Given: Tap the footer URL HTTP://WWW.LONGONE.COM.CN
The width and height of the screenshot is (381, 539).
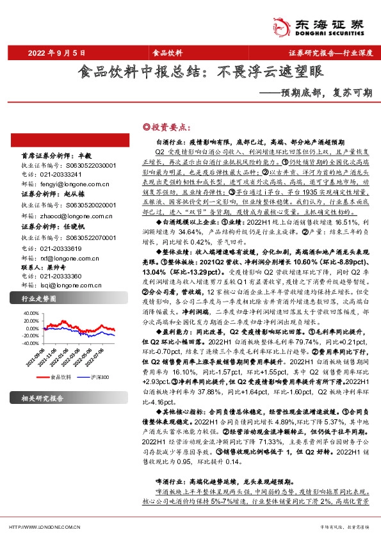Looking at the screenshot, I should pyautogui.click(x=44, y=527).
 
